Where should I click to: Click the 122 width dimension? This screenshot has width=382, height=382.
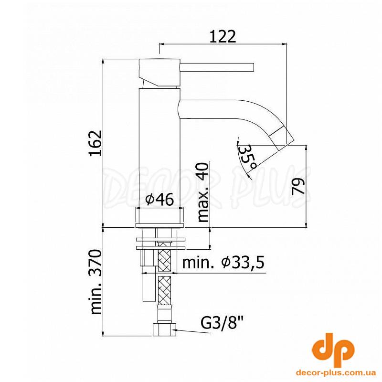point(223,36)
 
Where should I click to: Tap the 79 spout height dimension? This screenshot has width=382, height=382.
point(298,186)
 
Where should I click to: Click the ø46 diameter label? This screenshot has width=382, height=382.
point(159,199)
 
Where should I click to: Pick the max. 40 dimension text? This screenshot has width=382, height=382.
point(203,192)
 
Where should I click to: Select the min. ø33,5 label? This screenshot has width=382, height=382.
point(223,262)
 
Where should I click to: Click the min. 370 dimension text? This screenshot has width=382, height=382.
point(95,282)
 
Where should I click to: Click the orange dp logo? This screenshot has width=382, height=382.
point(333,352)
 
